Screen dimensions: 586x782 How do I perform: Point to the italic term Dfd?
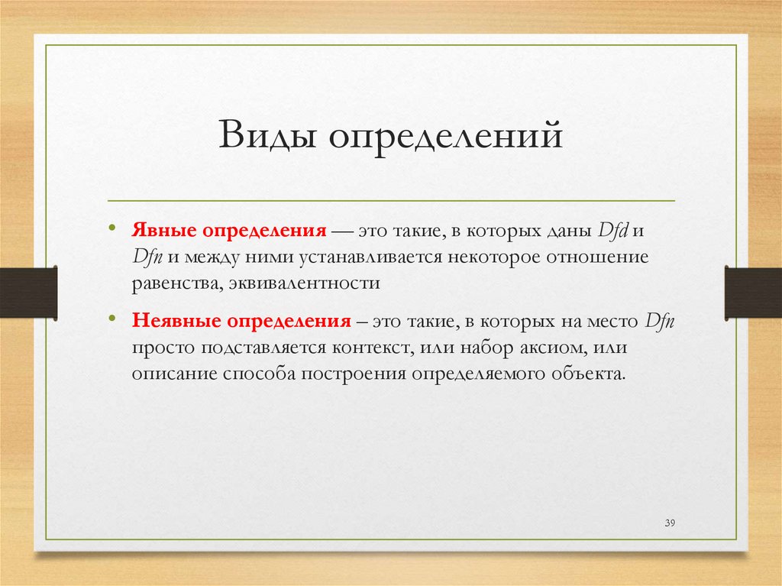pos(612,230)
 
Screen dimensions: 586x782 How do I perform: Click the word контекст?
pos(372,348)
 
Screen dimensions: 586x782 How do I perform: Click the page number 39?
pos(671,523)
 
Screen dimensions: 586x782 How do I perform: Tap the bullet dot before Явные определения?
pos(112,228)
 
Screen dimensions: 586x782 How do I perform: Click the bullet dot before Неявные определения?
pos(112,319)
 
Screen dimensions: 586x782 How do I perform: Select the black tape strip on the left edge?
pos(28,292)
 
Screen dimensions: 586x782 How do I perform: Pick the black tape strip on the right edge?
pos(753,292)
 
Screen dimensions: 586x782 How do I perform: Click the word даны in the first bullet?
pos(569,230)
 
